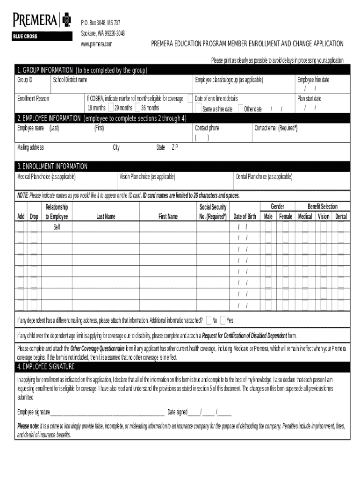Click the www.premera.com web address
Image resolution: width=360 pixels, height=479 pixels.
point(97,44)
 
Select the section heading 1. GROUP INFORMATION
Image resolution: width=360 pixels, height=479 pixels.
point(82,70)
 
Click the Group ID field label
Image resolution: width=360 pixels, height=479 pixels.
point(25,80)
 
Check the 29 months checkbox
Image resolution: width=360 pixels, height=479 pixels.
point(111,108)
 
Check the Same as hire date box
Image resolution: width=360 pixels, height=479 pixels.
point(198,109)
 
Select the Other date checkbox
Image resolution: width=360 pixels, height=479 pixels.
point(240,109)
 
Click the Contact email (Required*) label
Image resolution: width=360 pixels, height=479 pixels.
point(276,128)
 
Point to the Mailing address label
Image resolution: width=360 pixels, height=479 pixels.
point(30,147)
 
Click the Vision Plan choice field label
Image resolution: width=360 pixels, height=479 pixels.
point(147,176)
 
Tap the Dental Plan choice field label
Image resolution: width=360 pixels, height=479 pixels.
point(264,176)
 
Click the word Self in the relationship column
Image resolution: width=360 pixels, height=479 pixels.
point(57,227)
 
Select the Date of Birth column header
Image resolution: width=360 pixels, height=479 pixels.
point(245,216)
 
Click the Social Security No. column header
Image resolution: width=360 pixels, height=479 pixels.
point(213,211)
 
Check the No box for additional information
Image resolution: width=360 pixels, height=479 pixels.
point(209,320)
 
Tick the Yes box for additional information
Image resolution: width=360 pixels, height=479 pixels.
point(223,320)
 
